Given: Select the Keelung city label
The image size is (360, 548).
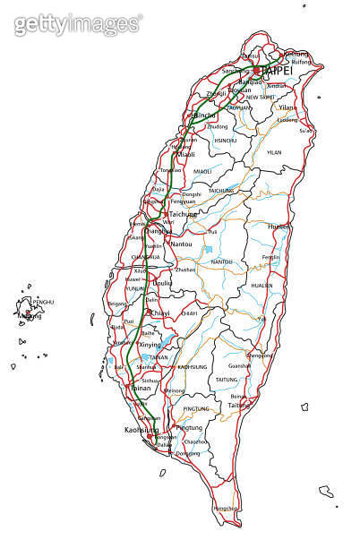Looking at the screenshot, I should (296, 54).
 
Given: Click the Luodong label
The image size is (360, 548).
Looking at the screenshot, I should (287, 119).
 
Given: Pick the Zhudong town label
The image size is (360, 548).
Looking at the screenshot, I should (218, 126).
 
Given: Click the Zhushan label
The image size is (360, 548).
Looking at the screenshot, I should (185, 269).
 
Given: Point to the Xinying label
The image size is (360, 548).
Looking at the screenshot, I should (149, 345).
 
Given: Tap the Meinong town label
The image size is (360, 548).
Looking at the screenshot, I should (175, 391).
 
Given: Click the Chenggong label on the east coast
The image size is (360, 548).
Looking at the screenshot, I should (260, 355).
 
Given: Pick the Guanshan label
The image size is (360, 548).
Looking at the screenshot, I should (239, 365).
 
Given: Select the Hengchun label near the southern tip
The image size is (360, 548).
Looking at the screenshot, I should (227, 508).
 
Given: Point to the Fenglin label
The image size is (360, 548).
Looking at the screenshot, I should (270, 258).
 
